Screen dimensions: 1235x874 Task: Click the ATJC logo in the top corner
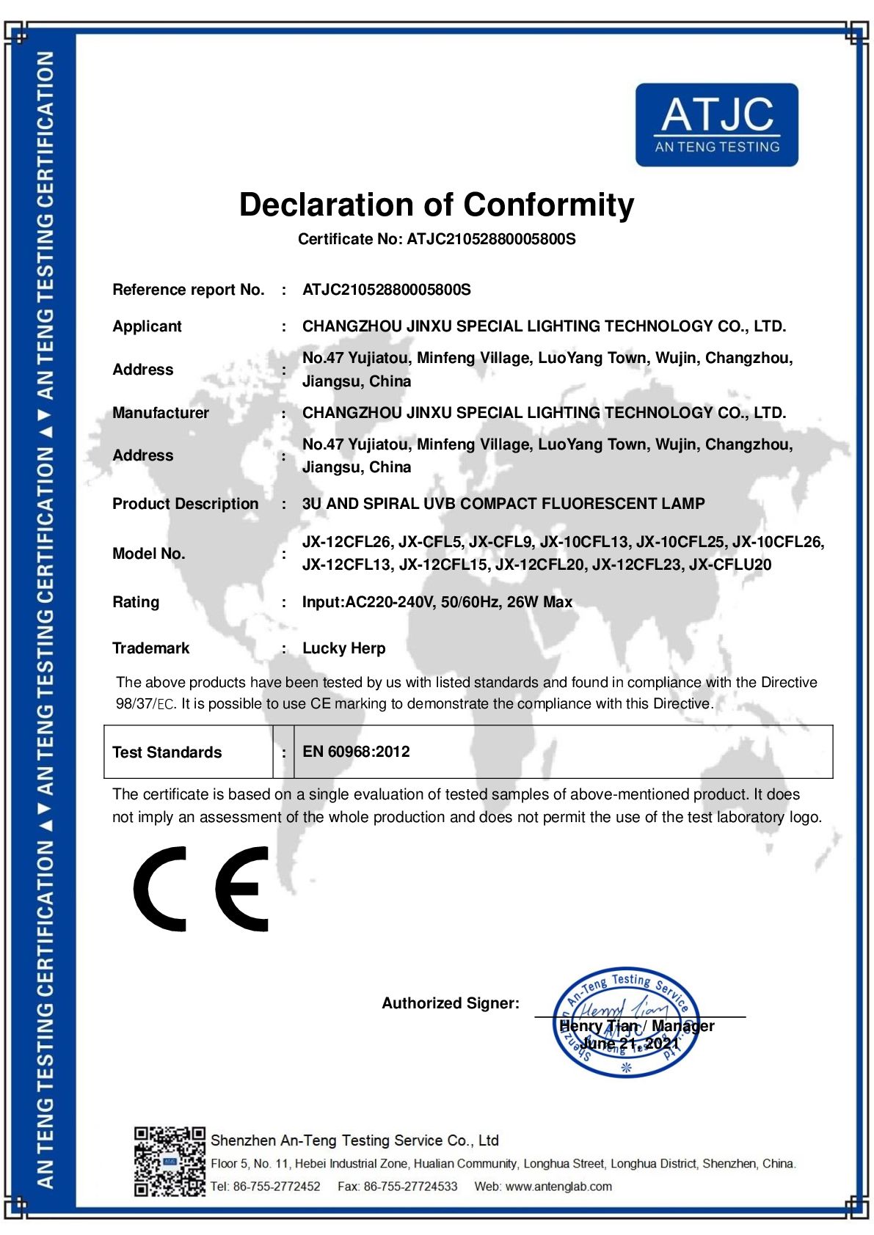click(716, 125)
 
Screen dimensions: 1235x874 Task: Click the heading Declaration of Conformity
click(437, 205)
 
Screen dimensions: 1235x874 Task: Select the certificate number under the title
click(491, 239)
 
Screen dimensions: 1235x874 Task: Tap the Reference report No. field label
click(188, 290)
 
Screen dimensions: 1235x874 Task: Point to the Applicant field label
click(147, 326)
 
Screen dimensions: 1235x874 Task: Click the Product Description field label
click(185, 504)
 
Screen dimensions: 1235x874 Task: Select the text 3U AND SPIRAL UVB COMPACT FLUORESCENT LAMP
click(503, 504)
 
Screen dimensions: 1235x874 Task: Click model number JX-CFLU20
click(730, 565)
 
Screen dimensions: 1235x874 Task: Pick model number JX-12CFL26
click(346, 542)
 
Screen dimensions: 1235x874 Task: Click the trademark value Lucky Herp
click(343, 648)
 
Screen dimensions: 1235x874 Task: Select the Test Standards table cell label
click(167, 752)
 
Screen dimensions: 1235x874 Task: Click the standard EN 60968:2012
click(356, 752)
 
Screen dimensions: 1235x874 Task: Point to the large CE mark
click(201, 889)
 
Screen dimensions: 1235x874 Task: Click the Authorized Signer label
click(451, 1003)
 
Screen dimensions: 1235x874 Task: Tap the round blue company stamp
click(626, 1022)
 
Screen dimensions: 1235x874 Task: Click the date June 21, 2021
click(630, 1044)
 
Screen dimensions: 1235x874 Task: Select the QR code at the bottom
click(170, 1162)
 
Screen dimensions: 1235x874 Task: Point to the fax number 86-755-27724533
click(410, 1187)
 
